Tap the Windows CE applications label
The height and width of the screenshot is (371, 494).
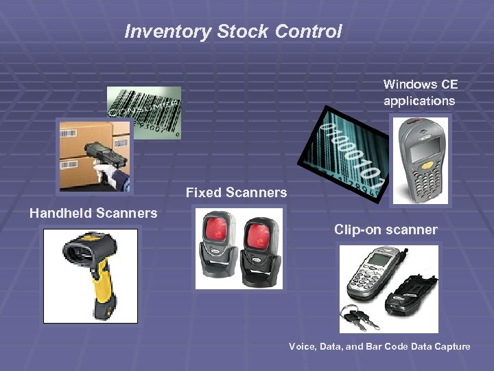point(420,93)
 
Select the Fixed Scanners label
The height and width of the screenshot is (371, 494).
point(236,192)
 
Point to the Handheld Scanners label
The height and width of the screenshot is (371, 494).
point(93,213)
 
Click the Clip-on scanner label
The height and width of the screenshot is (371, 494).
point(386,229)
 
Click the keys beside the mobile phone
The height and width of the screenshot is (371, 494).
point(360,315)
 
